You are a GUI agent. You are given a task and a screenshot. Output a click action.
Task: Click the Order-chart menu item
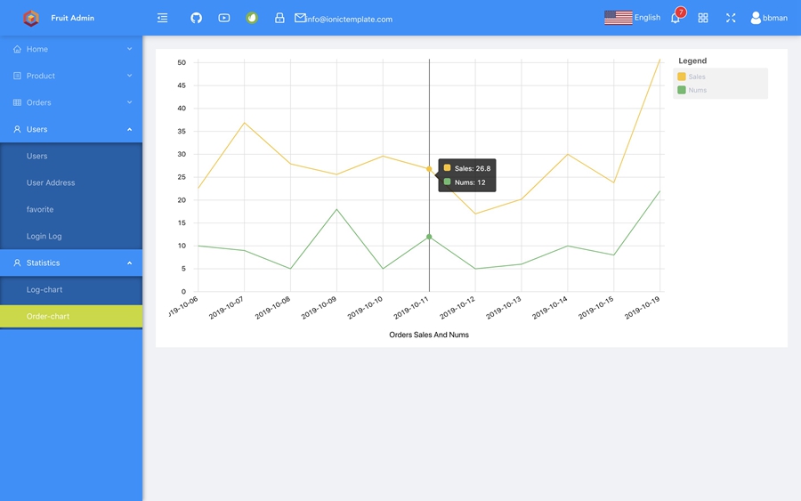point(48,317)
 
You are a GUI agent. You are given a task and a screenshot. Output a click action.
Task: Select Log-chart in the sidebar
point(44,290)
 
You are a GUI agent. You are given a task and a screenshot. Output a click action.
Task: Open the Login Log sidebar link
point(44,237)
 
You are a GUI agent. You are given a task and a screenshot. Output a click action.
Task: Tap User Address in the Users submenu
point(51,183)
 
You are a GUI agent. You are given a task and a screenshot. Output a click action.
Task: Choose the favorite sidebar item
point(40,210)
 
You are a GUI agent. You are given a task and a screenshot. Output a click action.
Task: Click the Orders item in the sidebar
point(39,103)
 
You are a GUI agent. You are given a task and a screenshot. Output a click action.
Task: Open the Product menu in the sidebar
point(41,77)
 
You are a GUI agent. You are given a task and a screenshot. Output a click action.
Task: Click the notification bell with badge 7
point(676,18)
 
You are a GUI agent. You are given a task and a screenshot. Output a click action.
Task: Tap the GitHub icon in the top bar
point(197,18)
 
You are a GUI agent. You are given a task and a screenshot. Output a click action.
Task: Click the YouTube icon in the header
point(224,18)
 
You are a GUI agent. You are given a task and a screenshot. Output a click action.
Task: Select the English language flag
point(619,18)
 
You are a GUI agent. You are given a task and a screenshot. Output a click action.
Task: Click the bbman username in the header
point(774,18)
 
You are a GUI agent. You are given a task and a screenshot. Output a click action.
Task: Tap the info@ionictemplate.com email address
point(349,19)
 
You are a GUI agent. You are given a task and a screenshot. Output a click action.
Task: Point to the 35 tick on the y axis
point(182,131)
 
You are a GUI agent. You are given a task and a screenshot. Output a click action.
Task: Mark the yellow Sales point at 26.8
point(429,169)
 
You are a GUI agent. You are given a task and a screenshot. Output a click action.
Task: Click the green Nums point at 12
point(429,237)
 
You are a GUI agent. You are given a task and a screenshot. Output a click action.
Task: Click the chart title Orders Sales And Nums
point(429,335)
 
